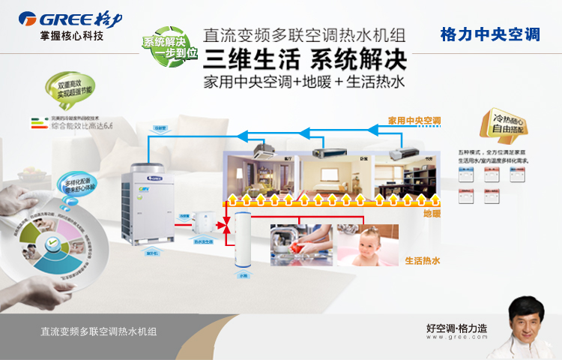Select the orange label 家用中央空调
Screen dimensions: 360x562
tap(414, 120)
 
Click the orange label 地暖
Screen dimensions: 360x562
tap(432, 214)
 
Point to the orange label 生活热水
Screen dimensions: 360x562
tap(422, 261)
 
